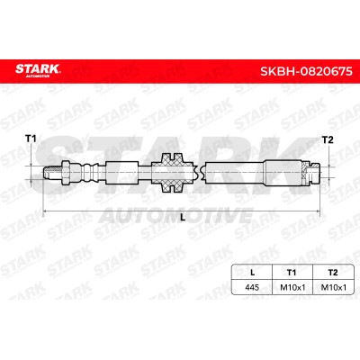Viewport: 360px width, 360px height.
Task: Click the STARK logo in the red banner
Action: (38, 70)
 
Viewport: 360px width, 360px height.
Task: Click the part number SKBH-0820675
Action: (306, 71)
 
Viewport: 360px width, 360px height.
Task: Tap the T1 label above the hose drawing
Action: (31, 139)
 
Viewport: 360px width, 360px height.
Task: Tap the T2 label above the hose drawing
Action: (328, 139)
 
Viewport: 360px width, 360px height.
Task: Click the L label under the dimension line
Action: (183, 218)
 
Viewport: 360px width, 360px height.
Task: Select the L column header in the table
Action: (252, 273)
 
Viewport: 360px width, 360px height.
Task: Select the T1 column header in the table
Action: (292, 273)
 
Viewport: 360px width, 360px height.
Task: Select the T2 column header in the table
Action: (333, 273)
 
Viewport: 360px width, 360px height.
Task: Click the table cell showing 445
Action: (252, 287)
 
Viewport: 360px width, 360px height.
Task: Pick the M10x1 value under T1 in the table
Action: (292, 287)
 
